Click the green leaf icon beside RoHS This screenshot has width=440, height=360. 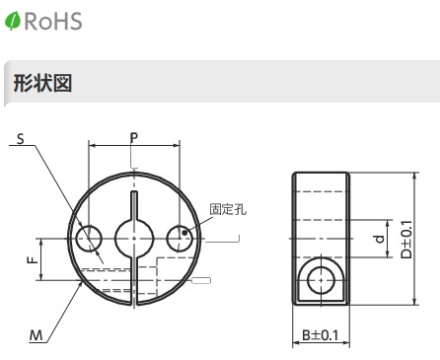click(13, 21)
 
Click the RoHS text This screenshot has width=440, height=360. click(53, 21)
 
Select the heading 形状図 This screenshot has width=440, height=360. click(42, 83)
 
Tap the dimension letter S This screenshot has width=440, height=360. click(21, 139)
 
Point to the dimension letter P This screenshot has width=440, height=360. click(134, 138)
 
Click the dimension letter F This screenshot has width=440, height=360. click(33, 260)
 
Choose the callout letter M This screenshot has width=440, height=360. click(37, 335)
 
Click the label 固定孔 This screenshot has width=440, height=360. click(228, 209)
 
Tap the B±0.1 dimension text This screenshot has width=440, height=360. click(320, 335)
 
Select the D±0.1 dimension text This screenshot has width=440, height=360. click(406, 239)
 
